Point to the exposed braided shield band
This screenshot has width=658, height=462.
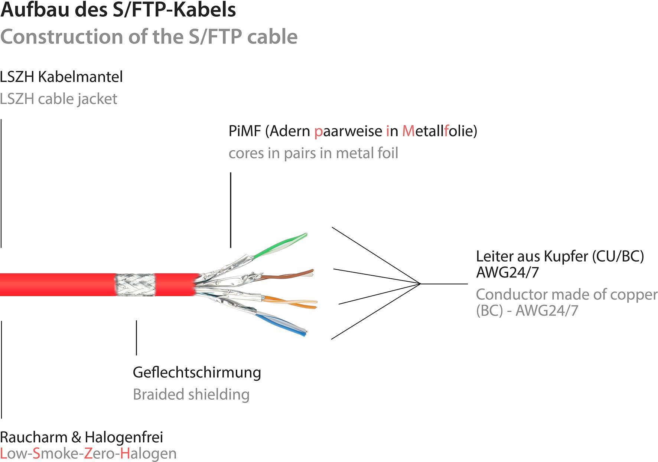tap(135, 285)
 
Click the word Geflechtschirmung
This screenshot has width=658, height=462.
tap(197, 372)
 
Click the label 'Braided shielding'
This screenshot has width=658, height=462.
tap(191, 394)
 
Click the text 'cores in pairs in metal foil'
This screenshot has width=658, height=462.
tap(313, 153)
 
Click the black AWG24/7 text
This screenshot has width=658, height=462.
tap(507, 272)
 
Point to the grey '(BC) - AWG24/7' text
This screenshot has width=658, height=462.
tap(527, 310)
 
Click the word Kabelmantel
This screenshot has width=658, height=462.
tap(80, 77)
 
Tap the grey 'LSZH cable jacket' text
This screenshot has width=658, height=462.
tap(58, 99)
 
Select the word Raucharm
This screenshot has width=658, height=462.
tap(33, 437)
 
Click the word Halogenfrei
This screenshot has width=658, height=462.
tap(124, 437)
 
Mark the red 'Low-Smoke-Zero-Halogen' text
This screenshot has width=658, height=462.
tap(88, 453)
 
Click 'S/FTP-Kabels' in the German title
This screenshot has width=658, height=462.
tap(174, 10)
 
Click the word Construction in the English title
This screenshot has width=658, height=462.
tap(62, 37)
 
